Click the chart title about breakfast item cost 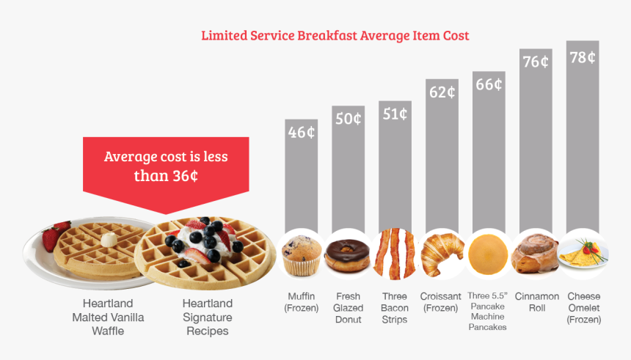(x=335, y=35)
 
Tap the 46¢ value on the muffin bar (x=302, y=133)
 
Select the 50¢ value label (x=348, y=118)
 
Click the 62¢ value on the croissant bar (x=441, y=92)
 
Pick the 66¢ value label (x=488, y=84)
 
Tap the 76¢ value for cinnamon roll (x=535, y=62)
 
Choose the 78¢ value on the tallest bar (x=582, y=57)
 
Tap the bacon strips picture (x=395, y=254)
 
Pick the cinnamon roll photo (x=535, y=254)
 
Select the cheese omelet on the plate (x=583, y=254)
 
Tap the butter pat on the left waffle (x=109, y=240)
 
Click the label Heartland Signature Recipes (x=207, y=317)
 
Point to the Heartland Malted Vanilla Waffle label (x=108, y=317)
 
